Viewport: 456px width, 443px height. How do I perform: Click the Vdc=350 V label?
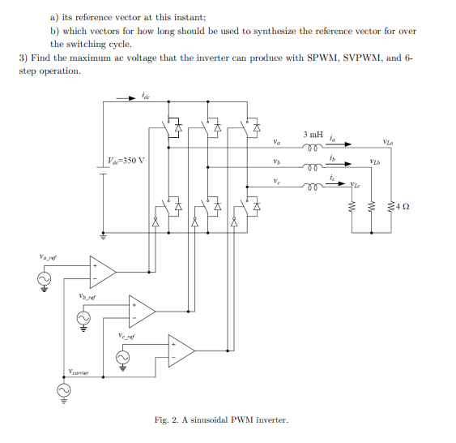point(126,160)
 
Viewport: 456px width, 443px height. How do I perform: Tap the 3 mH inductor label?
point(313,134)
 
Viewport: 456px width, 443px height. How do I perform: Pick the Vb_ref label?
point(87,297)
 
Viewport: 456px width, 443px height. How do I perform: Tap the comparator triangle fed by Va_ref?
point(104,272)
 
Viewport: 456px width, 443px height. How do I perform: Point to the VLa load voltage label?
point(388,144)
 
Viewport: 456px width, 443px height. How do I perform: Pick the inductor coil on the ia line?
point(309,148)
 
